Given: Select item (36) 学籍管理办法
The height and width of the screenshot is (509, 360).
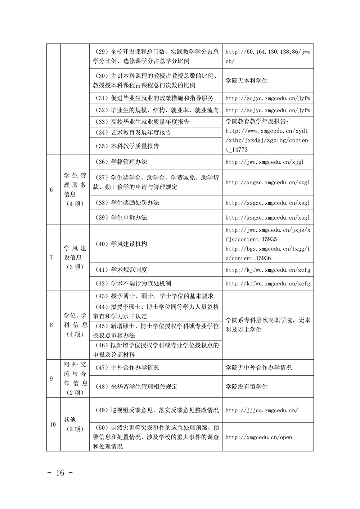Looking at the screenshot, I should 121,162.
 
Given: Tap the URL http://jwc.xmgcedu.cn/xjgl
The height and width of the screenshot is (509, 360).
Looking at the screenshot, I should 265,162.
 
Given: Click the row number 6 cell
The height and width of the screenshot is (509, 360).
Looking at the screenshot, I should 51,190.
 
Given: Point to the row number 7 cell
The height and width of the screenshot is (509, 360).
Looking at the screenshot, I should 51,257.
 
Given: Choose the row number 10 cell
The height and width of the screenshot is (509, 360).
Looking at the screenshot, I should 53,424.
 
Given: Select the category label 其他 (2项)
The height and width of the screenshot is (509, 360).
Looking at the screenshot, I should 75,424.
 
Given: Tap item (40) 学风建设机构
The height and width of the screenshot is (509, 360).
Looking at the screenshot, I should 121,244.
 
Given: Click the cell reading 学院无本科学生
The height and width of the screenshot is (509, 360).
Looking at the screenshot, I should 247,81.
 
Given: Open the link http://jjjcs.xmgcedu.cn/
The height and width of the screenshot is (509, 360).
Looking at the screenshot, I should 262,410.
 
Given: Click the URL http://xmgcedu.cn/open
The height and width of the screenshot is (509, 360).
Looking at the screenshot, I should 258,437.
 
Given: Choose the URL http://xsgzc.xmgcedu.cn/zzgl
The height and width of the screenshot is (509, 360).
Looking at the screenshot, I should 267,182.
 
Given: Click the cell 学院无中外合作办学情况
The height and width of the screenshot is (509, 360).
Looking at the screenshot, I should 258,368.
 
